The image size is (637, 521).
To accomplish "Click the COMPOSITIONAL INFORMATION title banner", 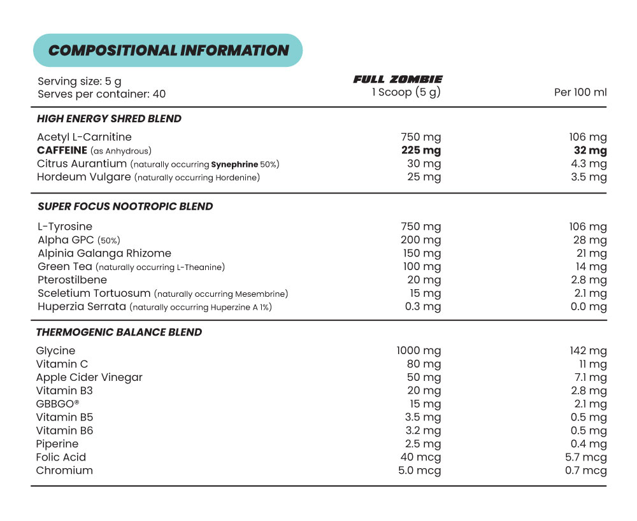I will coord(168,50).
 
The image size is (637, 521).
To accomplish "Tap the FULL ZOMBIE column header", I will coord(397,80).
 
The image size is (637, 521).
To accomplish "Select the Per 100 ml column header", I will coord(580,92).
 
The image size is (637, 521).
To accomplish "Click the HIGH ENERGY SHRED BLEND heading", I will coord(109,119).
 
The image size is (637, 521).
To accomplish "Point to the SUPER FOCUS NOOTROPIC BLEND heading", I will coord(125,206).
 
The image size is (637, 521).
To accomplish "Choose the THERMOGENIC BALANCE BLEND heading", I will coord(118,332).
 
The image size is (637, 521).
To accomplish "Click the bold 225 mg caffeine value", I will coord(421,150).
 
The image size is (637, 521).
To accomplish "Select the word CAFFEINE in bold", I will coord(62,150).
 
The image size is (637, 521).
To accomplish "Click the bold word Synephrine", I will coord(234,164).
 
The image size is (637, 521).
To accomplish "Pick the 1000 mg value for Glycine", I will coord(419,351).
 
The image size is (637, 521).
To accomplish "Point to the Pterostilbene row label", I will coord(72,280).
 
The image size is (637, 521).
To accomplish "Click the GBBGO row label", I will coord(57,404).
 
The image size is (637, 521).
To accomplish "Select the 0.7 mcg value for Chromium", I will coord(586,471).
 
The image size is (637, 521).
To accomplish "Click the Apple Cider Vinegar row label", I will coord(89,378).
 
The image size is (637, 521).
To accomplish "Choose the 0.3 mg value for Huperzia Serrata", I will coord(424,307).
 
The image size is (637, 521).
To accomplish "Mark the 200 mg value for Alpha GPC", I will coord(421,240).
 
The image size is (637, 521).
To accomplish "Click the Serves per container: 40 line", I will coord(101,94).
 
